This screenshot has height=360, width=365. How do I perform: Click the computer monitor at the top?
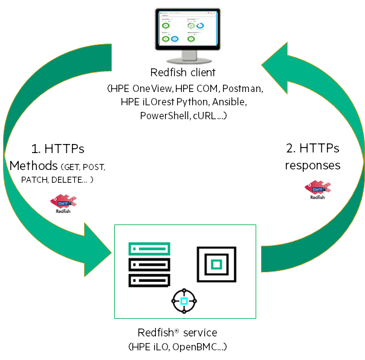(186, 33)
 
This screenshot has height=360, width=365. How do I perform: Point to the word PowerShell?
(164, 116)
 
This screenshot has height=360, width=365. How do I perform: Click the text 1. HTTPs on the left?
(58, 148)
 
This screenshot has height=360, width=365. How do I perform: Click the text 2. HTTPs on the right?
(312, 148)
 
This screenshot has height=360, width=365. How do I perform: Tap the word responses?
(313, 165)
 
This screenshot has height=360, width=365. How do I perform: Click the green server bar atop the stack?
(149, 247)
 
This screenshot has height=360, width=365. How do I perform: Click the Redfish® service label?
(177, 333)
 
